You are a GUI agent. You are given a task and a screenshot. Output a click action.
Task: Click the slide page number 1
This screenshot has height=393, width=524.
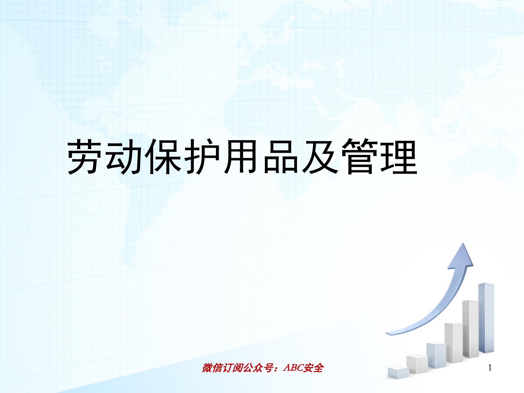point(490,368)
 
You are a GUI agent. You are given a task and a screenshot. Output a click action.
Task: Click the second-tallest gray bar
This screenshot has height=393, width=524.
point(470,329)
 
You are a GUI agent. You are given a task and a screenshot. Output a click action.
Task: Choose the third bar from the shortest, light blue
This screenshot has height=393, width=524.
point(436,355)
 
